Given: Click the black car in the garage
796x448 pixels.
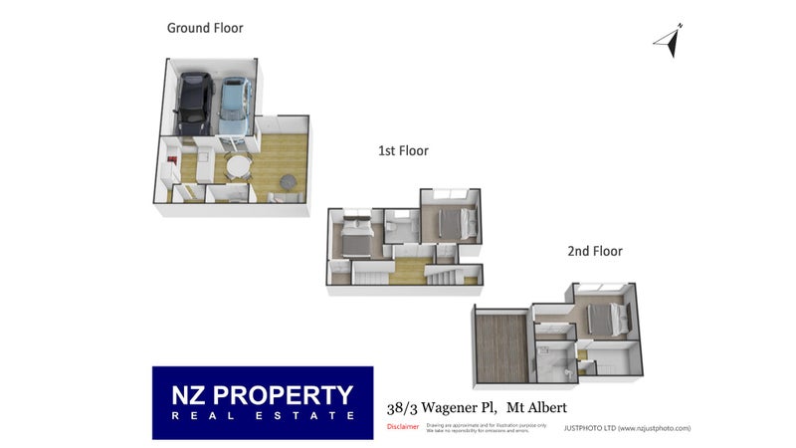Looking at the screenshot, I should click(193, 103).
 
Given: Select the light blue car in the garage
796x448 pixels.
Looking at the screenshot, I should click(232, 106).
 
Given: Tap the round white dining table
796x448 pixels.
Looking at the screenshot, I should click(239, 166).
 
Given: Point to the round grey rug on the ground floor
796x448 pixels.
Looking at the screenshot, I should click(288, 181).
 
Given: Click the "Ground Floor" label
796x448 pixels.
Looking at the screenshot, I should click(205, 28).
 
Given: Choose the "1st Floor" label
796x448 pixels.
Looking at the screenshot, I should click(403, 151).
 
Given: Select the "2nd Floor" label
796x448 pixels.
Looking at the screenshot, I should click(595, 252).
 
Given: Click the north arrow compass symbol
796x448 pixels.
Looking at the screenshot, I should click(669, 41).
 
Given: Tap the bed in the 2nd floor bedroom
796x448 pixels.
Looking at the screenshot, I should click(603, 319).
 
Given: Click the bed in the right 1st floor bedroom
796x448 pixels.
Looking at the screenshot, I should click(449, 221).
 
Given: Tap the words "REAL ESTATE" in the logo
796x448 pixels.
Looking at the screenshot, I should click(263, 416).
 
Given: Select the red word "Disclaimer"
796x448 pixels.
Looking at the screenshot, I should click(402, 427).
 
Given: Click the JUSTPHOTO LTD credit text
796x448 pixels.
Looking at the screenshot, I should click(626, 428).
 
